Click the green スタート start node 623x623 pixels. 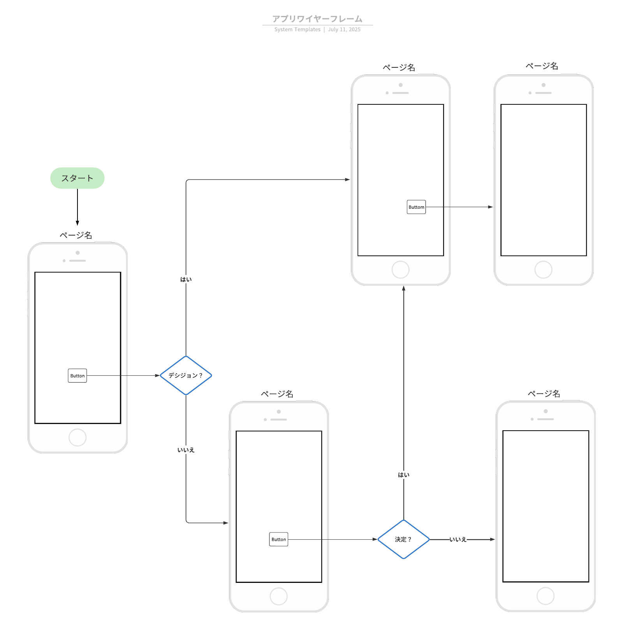click(77, 178)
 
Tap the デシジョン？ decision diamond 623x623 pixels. click(186, 375)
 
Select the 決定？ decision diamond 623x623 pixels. click(403, 539)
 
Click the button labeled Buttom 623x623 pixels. click(416, 207)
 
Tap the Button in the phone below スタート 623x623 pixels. click(77, 376)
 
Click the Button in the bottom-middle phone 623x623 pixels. click(278, 539)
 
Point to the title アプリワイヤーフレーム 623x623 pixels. click(317, 19)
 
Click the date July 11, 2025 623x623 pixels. click(344, 30)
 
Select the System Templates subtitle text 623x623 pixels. click(297, 30)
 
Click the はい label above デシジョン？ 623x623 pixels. click(186, 280)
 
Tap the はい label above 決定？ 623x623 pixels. click(403, 475)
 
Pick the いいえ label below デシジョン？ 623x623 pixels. click(186, 450)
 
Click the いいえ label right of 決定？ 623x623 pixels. click(458, 540)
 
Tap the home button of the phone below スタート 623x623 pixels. click(77, 437)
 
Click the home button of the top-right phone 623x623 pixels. click(543, 269)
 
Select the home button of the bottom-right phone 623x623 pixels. click(545, 596)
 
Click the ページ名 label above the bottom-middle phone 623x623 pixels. click(277, 394)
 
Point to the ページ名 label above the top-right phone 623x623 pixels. click(542, 66)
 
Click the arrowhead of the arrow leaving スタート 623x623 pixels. click(77, 223)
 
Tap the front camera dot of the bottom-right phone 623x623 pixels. click(546, 411)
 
